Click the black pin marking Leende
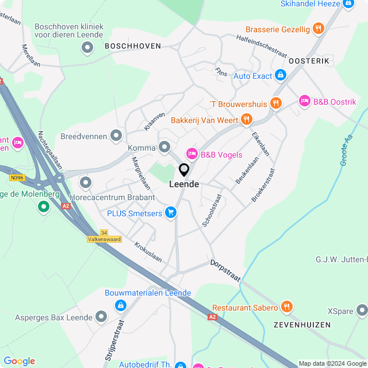tap(184, 170)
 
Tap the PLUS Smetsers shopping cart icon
tap(170, 213)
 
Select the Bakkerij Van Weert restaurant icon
tap(247, 120)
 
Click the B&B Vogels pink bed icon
tap(191, 154)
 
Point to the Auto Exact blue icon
tap(280, 75)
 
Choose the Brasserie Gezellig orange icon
tap(319, 29)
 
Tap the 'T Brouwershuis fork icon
tap(277, 103)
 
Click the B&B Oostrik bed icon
tap(304, 102)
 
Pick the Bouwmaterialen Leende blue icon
tap(120, 305)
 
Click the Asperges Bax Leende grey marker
tap(101, 317)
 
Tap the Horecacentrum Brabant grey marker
tap(86, 183)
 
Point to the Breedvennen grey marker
tap(116, 136)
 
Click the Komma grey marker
tap(164, 148)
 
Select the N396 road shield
tap(17, 178)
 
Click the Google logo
tap(19, 361)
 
